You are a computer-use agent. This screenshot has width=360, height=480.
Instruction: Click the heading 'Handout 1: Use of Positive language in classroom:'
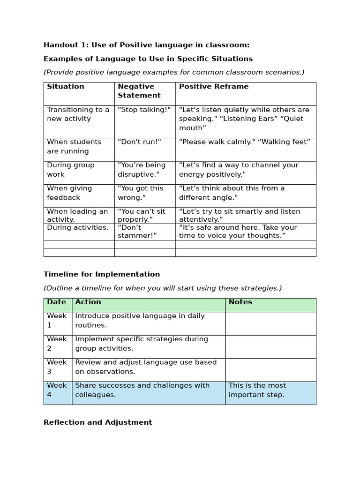(x=146, y=45)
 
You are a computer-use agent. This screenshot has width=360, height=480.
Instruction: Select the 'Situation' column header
(x=66, y=87)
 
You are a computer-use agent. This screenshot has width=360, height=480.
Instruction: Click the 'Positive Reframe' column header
(x=214, y=87)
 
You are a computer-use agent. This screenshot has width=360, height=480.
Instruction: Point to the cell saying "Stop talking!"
(x=144, y=110)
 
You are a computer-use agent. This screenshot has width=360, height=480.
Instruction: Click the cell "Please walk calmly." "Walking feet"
(x=245, y=142)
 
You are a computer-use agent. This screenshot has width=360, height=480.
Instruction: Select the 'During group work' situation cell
(x=71, y=170)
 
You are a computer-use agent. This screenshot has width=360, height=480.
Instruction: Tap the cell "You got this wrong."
(x=141, y=193)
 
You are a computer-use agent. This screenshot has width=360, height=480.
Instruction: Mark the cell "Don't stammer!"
(x=137, y=231)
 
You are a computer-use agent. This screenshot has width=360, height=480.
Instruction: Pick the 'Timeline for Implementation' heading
(x=102, y=274)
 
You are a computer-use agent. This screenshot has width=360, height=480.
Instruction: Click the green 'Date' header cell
(x=57, y=302)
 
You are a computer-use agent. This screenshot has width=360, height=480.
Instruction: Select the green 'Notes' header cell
(x=240, y=302)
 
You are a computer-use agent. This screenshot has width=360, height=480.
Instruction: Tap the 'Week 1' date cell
(x=57, y=321)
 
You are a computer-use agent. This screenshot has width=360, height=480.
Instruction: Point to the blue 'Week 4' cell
(x=57, y=390)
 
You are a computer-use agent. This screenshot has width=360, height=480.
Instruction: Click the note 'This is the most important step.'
(x=257, y=390)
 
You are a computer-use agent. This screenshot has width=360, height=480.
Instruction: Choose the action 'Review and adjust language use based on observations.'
(x=146, y=367)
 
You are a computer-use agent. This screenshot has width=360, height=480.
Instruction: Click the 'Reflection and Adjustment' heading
(x=97, y=422)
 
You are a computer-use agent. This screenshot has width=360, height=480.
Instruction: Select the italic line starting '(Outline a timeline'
(x=163, y=288)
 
